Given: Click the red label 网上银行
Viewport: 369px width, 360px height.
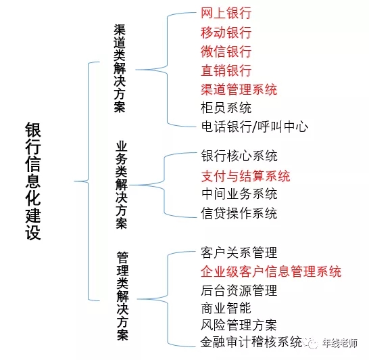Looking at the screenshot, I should click(x=226, y=14).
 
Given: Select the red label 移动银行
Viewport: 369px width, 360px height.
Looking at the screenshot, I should click(x=226, y=32).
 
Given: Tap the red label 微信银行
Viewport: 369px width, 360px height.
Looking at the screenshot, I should click(x=226, y=51).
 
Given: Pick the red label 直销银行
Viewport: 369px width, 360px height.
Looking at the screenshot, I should click(x=226, y=70).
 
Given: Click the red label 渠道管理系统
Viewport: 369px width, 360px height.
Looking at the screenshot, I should click(x=239, y=89).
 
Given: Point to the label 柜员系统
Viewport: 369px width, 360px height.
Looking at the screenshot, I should click(x=226, y=108).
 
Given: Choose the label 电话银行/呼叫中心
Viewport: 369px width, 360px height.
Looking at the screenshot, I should click(x=254, y=127).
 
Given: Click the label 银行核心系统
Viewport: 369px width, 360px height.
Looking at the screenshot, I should click(x=239, y=156).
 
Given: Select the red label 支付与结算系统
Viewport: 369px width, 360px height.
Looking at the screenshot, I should click(x=245, y=176).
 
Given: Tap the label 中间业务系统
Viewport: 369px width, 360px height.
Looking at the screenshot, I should click(x=239, y=195).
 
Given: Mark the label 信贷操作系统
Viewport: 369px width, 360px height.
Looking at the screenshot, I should click(x=239, y=214).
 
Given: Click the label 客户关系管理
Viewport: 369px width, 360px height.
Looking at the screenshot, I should click(x=239, y=253).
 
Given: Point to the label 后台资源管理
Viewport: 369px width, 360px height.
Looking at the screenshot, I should click(x=239, y=291).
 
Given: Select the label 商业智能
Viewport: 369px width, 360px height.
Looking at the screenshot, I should click(x=226, y=308).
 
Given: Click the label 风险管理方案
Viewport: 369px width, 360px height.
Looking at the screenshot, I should click(x=239, y=325).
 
